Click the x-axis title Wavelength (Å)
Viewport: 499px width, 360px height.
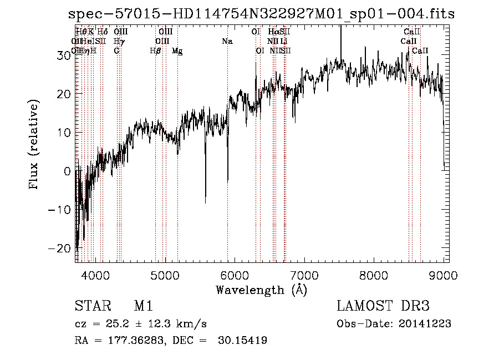pos(261,290)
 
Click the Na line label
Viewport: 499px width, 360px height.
pos(227,42)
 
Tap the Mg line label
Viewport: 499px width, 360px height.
pos(177,51)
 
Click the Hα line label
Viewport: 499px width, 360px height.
pos(274,32)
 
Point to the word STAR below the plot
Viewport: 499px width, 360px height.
pos(92,306)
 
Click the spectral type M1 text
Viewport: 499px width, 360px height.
pos(143,306)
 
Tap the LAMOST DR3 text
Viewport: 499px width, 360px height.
pos(383,306)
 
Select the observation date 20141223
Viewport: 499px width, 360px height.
pos(427,324)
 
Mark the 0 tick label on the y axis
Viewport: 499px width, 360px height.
pos(68,171)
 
